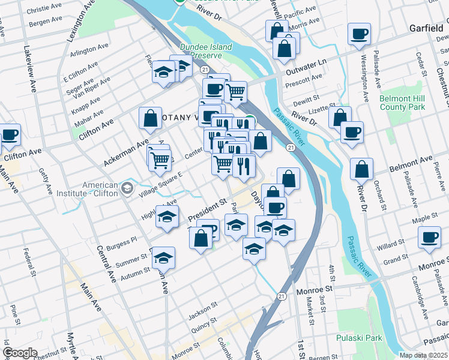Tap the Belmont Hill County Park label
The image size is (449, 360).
pos(402,103)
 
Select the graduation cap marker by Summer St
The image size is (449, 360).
pos(163,258)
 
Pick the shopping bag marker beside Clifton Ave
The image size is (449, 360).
pos(149,118)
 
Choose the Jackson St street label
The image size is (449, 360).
pos(201,311)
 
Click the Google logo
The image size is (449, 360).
pos(20,353)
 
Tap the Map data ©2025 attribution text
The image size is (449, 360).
pos(424,355)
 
